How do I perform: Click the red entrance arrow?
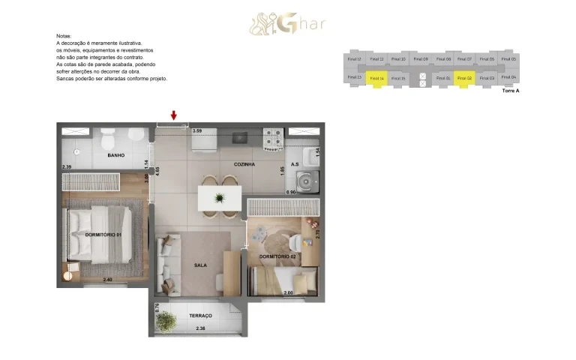pos(174,115)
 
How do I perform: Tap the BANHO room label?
pos(115,155)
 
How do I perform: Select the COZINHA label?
pos(244,163)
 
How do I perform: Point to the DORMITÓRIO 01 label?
pos(103,235)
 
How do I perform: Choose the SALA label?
pos(200,265)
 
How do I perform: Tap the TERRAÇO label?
pos(200,316)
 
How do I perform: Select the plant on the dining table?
pos(219,198)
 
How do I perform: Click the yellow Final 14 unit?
pos(376,78)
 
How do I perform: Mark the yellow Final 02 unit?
pos(464,78)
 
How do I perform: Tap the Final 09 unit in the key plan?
pos(421,58)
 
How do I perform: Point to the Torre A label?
pos(510,90)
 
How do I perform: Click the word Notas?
pos(64,36)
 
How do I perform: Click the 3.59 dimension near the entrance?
pos(198,131)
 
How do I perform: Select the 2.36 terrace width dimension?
pos(200,328)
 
